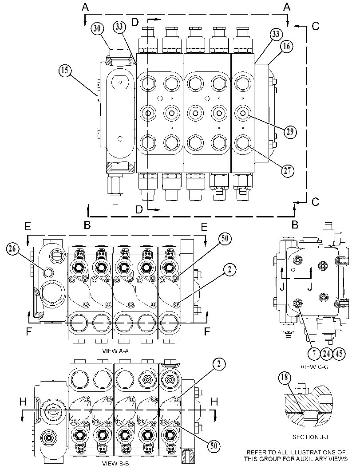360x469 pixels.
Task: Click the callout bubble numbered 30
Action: point(97,28)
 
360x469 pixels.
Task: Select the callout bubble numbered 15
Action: point(65,70)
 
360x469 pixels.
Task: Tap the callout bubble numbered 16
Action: point(287,46)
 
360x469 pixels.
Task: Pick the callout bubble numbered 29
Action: point(290,132)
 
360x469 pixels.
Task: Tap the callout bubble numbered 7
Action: point(314,354)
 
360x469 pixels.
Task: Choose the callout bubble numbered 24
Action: point(326,354)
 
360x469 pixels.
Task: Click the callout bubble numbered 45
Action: point(339,354)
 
